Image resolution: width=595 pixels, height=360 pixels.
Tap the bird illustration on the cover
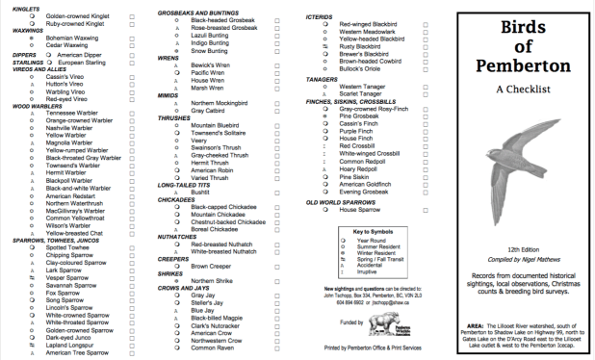click(535, 179)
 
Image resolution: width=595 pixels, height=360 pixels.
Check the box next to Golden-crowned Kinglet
click(131, 17)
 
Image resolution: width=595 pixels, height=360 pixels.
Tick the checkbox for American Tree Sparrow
click(131, 353)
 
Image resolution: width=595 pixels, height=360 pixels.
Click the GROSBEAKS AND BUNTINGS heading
click(201, 11)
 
